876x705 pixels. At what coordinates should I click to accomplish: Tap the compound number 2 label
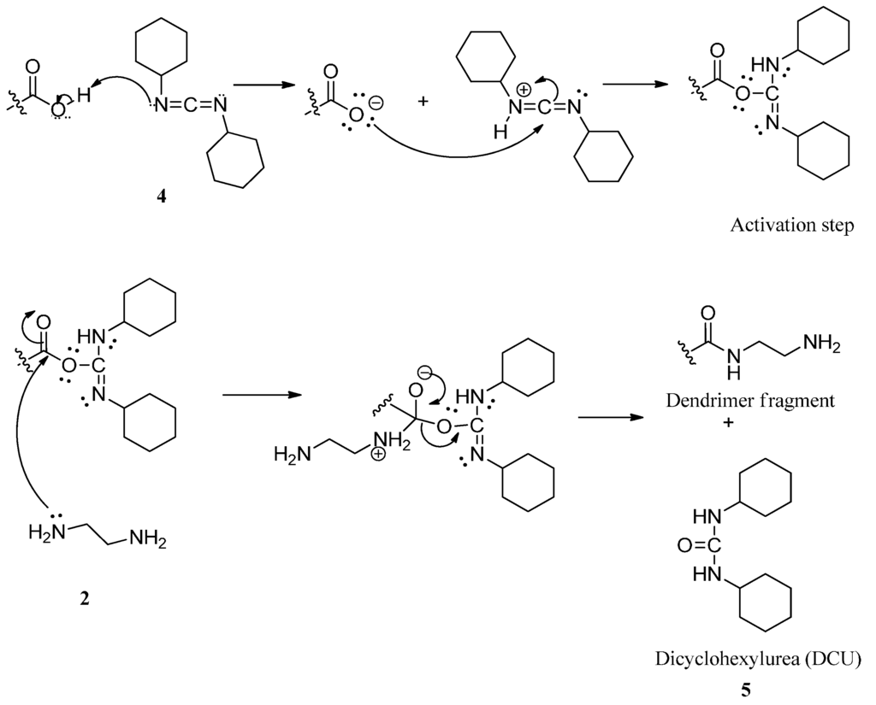pyautogui.click(x=84, y=598)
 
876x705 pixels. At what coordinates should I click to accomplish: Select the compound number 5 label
pyautogui.click(x=746, y=689)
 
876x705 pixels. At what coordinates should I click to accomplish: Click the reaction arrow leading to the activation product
pyautogui.click(x=636, y=84)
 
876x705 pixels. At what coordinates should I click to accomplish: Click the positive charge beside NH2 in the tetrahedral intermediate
pyautogui.click(x=377, y=455)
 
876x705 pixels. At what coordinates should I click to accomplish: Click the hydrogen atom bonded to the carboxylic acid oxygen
pyautogui.click(x=82, y=97)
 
